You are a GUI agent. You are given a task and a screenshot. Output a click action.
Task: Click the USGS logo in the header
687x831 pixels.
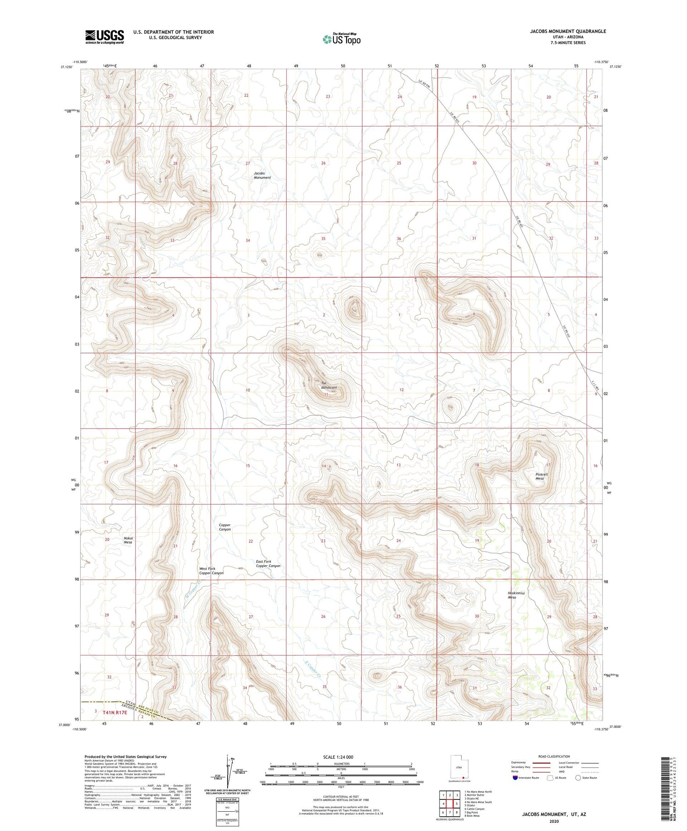tap(104, 37)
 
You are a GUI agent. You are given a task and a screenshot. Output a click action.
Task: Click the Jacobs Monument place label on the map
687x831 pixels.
tap(262, 175)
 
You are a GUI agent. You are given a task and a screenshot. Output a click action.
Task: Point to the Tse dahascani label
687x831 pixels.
tap(328, 385)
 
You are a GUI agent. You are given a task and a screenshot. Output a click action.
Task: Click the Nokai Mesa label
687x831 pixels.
tap(128, 540)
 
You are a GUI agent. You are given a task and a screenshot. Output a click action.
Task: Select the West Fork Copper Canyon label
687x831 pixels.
tap(211, 571)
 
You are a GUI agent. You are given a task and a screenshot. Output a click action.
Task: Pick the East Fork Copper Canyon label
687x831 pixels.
tap(268, 563)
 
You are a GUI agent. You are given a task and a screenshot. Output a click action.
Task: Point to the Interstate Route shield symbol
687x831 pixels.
tap(515, 778)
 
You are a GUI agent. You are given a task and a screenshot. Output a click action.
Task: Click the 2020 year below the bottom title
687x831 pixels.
tap(554, 822)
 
